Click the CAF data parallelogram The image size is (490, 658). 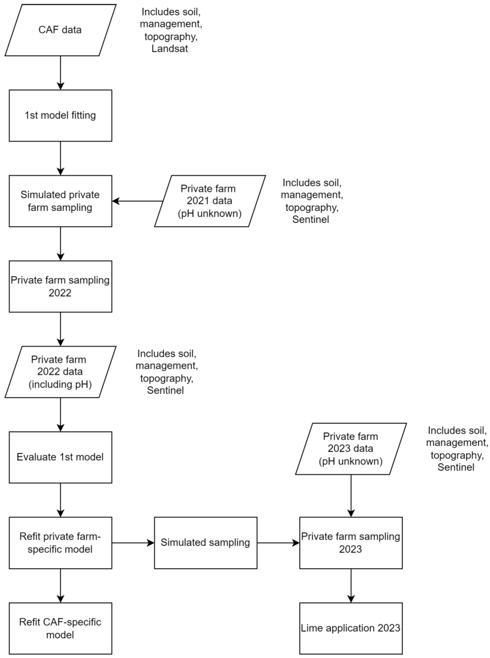click(x=60, y=30)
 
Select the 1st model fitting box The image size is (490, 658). click(x=60, y=115)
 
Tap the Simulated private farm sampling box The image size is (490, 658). click(x=60, y=201)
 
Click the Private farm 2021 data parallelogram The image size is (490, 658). click(x=210, y=201)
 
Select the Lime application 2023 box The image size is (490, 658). click(x=351, y=628)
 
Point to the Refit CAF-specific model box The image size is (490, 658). click(x=60, y=628)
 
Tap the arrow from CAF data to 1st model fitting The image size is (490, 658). click(x=61, y=73)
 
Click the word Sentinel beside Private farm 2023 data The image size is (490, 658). click(x=456, y=467)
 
